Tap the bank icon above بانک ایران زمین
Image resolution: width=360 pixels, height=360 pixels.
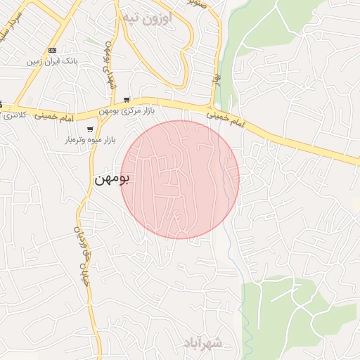(52, 50)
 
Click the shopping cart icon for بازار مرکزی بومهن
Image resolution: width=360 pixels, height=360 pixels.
(126, 100)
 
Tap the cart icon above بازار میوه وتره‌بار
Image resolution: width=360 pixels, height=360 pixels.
(90, 129)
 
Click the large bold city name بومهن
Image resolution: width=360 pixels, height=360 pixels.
(112, 179)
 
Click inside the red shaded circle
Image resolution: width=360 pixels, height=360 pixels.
(180, 179)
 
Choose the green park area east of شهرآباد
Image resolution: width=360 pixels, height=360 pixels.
(295, 309)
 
